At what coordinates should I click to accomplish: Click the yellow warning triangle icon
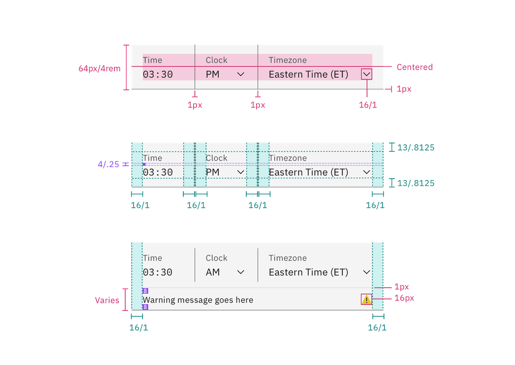(x=366, y=300)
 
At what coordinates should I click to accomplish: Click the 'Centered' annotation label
(x=414, y=67)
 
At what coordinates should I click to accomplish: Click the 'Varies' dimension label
(x=107, y=300)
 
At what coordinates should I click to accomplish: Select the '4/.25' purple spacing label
(x=109, y=164)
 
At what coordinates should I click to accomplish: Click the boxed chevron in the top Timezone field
(x=367, y=74)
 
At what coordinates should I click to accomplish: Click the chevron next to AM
(x=241, y=272)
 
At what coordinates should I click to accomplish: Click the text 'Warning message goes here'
(x=198, y=300)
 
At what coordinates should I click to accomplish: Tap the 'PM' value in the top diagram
(x=213, y=74)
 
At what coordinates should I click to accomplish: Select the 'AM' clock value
(x=213, y=272)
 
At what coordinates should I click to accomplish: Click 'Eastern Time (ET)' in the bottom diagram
(x=308, y=272)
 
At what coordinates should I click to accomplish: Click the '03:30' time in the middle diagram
(x=158, y=172)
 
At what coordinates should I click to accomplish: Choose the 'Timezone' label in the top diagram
(x=287, y=60)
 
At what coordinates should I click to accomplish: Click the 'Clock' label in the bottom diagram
(x=216, y=258)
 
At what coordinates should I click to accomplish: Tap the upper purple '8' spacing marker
(x=145, y=291)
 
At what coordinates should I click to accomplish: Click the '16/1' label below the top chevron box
(x=367, y=105)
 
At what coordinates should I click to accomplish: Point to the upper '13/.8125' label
(x=416, y=147)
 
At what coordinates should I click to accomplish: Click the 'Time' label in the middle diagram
(x=152, y=158)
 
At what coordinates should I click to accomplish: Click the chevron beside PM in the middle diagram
(x=241, y=172)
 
